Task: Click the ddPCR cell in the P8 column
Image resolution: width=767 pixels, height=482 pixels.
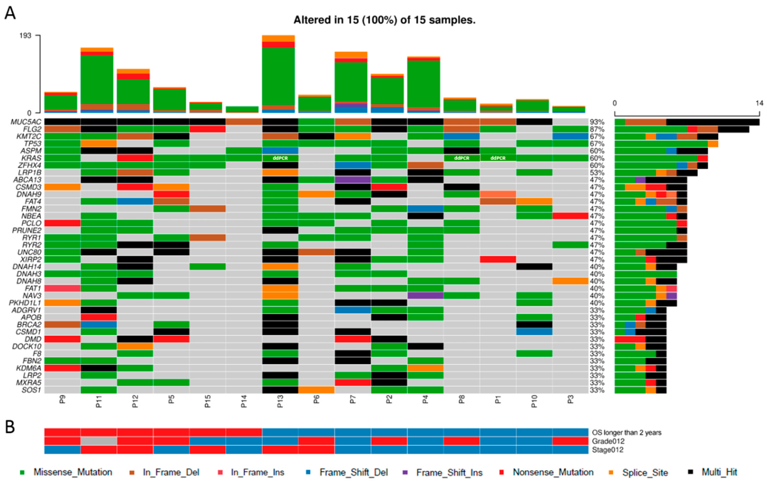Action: click(462, 158)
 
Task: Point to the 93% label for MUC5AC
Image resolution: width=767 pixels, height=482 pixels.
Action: click(597, 122)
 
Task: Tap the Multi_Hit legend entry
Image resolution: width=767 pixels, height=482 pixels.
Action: click(719, 472)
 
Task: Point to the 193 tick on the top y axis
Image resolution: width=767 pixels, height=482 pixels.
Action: click(25, 35)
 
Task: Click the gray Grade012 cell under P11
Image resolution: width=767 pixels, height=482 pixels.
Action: click(99, 441)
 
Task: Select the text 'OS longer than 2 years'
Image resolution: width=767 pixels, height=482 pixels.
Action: click(626, 432)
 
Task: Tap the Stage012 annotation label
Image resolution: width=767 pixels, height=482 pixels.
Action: click(607, 450)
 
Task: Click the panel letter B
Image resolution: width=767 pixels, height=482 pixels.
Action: click(10, 427)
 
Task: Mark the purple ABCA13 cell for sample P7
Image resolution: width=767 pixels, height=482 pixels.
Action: click(353, 180)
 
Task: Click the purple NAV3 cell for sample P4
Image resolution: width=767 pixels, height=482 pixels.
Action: click(425, 295)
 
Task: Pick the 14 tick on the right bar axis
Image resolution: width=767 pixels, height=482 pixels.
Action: click(760, 103)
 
